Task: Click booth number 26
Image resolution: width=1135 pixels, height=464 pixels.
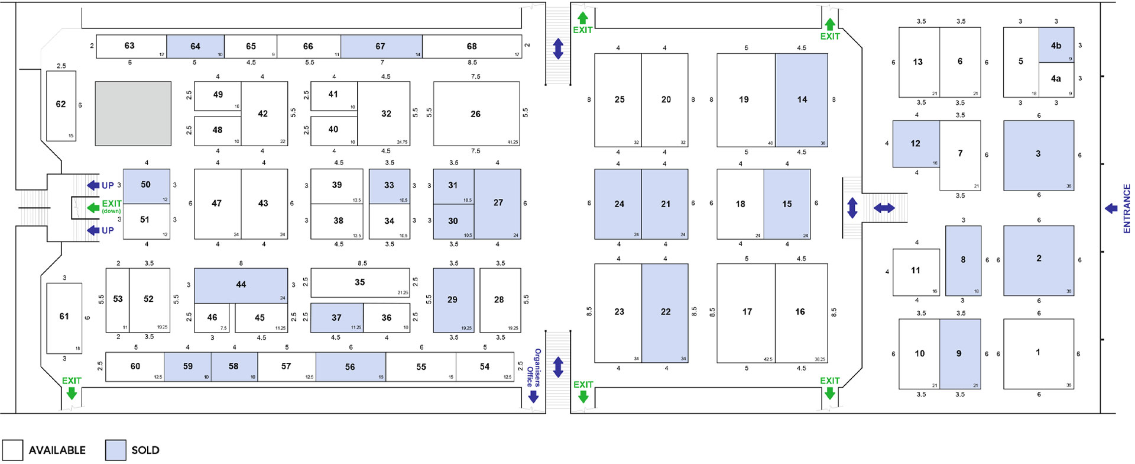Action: pos(476,114)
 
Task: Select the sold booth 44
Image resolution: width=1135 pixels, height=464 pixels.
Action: pos(241,285)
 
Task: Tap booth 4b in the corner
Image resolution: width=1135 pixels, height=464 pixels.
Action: pos(1056,46)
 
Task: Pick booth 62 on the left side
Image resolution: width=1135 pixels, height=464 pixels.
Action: pos(61,105)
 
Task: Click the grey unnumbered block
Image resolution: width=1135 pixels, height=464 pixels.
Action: pos(133,114)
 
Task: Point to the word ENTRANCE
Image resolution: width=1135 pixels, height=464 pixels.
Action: pos(1126,208)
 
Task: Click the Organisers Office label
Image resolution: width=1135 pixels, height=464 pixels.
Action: pos(534,367)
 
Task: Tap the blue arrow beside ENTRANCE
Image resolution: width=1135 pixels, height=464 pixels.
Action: pos(1111,208)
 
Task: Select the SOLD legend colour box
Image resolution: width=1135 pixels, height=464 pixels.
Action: pos(115,450)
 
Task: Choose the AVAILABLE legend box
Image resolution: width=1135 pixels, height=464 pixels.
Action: pos(12,450)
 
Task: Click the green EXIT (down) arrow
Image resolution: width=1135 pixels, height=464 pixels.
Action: pos(93,208)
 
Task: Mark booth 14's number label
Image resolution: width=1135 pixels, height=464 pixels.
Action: pos(802,99)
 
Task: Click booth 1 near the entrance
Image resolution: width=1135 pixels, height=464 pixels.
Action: pos(1038,353)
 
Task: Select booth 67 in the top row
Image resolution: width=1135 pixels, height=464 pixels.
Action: pos(380,46)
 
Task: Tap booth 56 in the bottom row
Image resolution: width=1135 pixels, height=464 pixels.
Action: pos(350,367)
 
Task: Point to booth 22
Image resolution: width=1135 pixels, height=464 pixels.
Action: pos(665,312)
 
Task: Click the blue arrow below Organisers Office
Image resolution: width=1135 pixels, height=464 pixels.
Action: pos(533,397)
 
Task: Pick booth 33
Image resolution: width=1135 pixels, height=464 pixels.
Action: pos(389,185)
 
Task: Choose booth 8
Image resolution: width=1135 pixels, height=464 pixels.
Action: pos(963,260)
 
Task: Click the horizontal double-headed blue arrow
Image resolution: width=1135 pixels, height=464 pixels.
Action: pos(884,208)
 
